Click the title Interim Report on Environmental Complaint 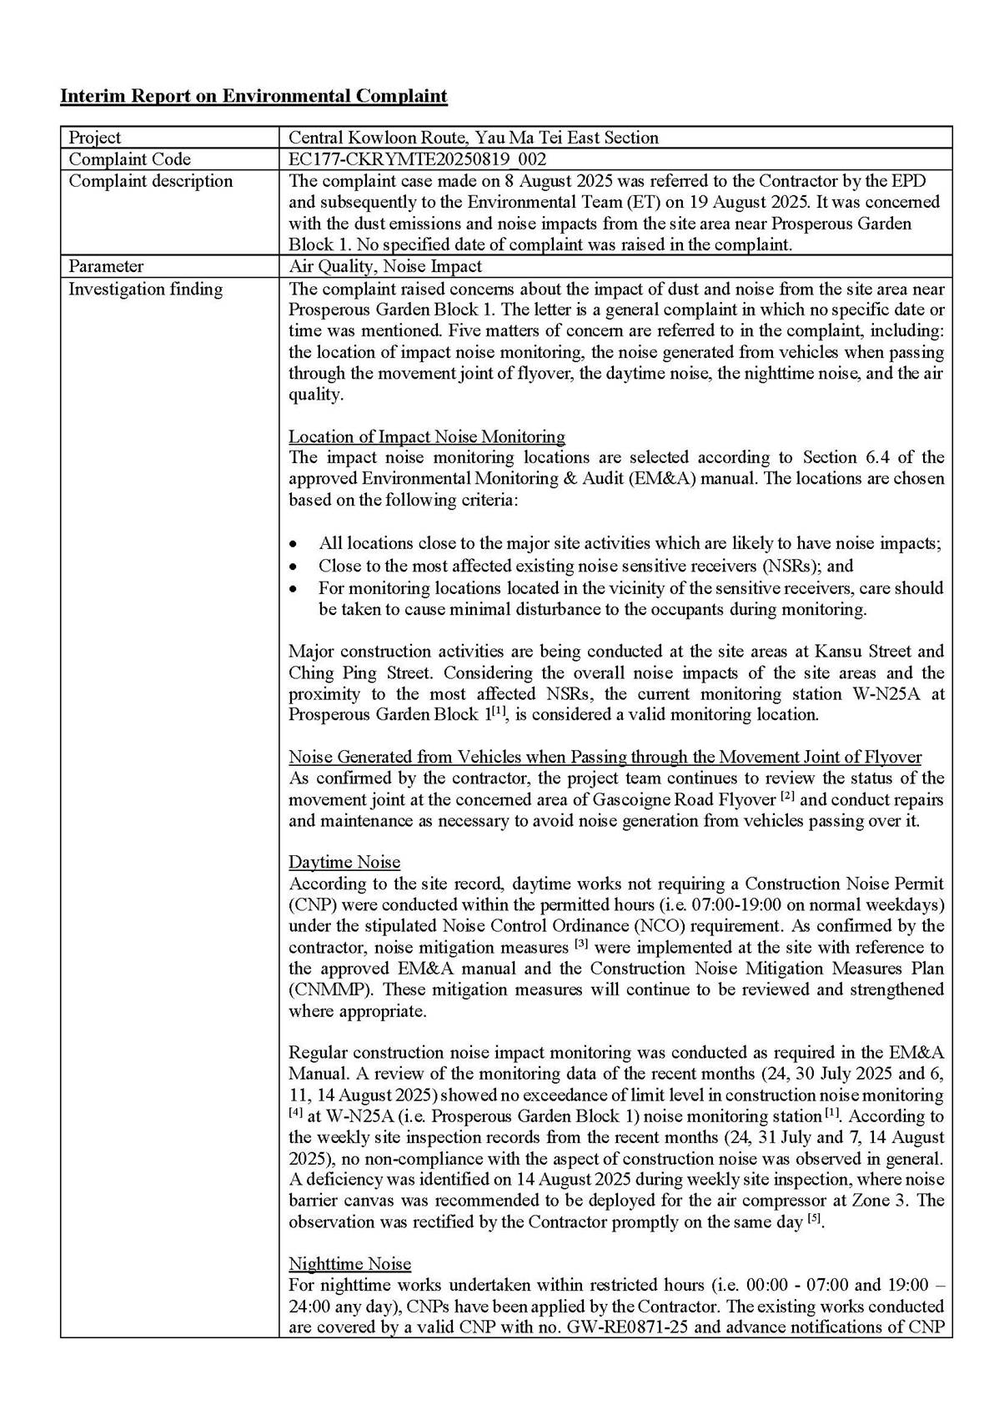click(254, 96)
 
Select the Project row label click(94, 138)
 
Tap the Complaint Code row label click(129, 159)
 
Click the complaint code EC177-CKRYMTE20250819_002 click(417, 159)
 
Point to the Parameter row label click(106, 266)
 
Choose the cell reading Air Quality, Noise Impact click(384, 266)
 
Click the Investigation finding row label click(145, 289)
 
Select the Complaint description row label click(150, 181)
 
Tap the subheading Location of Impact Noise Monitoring click(426, 436)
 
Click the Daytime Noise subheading click(344, 862)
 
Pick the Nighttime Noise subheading click(349, 1263)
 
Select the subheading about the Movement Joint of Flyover click(605, 757)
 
